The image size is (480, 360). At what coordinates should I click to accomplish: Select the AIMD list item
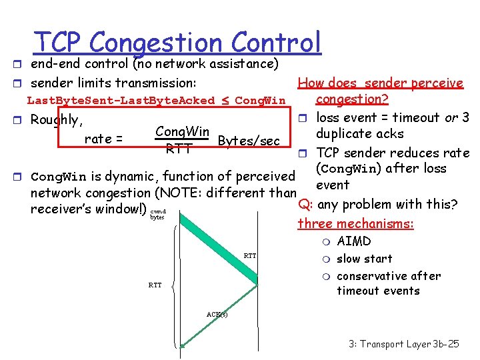[353, 241]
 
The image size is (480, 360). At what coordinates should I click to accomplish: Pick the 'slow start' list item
[364, 259]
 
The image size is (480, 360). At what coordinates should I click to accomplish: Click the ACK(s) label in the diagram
[217, 314]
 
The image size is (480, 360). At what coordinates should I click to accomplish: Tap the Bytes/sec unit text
[249, 141]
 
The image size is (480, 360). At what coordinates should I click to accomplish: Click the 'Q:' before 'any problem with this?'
[305, 204]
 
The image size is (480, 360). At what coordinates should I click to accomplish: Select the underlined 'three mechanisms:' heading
[355, 224]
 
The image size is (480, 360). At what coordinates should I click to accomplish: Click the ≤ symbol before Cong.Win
[225, 101]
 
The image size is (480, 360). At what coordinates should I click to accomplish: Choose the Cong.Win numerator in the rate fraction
[182, 132]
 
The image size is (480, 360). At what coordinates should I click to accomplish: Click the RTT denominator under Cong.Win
[179, 149]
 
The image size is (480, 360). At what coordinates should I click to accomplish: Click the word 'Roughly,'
[57, 121]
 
